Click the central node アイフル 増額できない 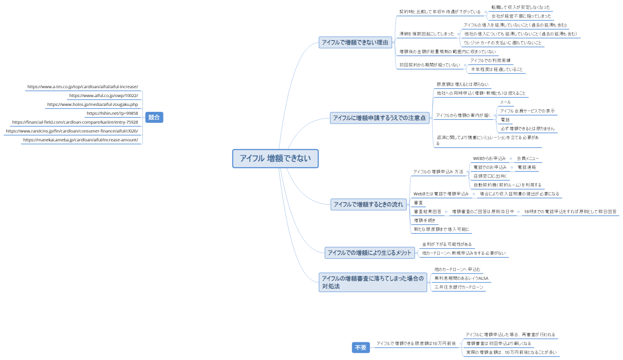coord(275,158)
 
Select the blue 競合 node coord(154,117)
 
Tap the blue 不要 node coord(361,347)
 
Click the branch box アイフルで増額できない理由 coord(355,42)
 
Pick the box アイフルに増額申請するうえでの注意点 coord(379,118)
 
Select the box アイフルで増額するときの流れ coord(368,204)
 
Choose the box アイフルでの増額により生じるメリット coord(370,253)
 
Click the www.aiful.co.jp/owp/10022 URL coord(103,96)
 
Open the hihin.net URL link coord(112,114)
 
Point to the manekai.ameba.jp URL coord(81,140)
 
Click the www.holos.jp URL coord(92,105)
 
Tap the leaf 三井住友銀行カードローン coord(459,287)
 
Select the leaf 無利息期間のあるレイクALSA coord(461,279)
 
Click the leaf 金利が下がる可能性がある coord(447,244)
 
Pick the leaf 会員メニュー coord(528,159)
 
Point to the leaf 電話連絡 coord(527,168)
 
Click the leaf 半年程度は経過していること coord(497,70)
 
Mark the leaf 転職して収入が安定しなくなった coord(520,8)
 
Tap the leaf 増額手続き coord(424,221)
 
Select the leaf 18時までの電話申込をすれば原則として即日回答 coord(570,212)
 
